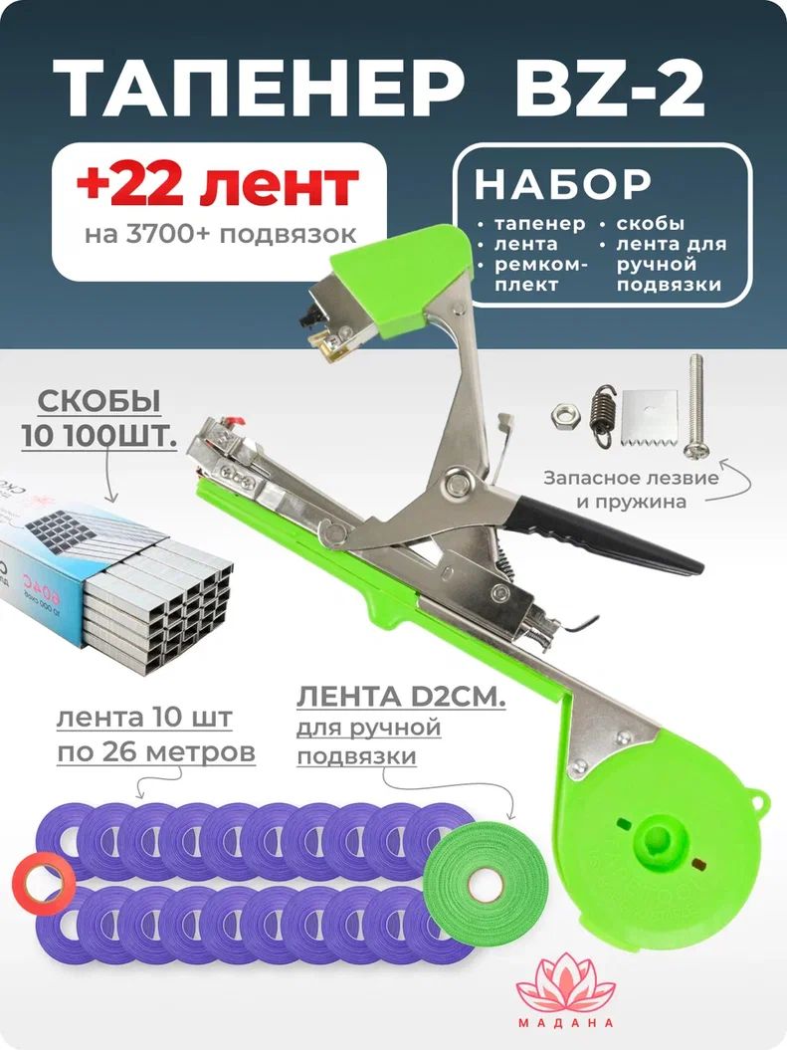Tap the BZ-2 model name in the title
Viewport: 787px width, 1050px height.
pyautogui.click(x=610, y=91)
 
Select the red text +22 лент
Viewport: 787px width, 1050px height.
pyautogui.click(x=218, y=185)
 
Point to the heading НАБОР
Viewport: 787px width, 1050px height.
pyautogui.click(x=563, y=183)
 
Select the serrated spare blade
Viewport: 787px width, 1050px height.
pyautogui.click(x=649, y=419)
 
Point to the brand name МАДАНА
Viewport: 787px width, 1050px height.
pyautogui.click(x=565, y=1022)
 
